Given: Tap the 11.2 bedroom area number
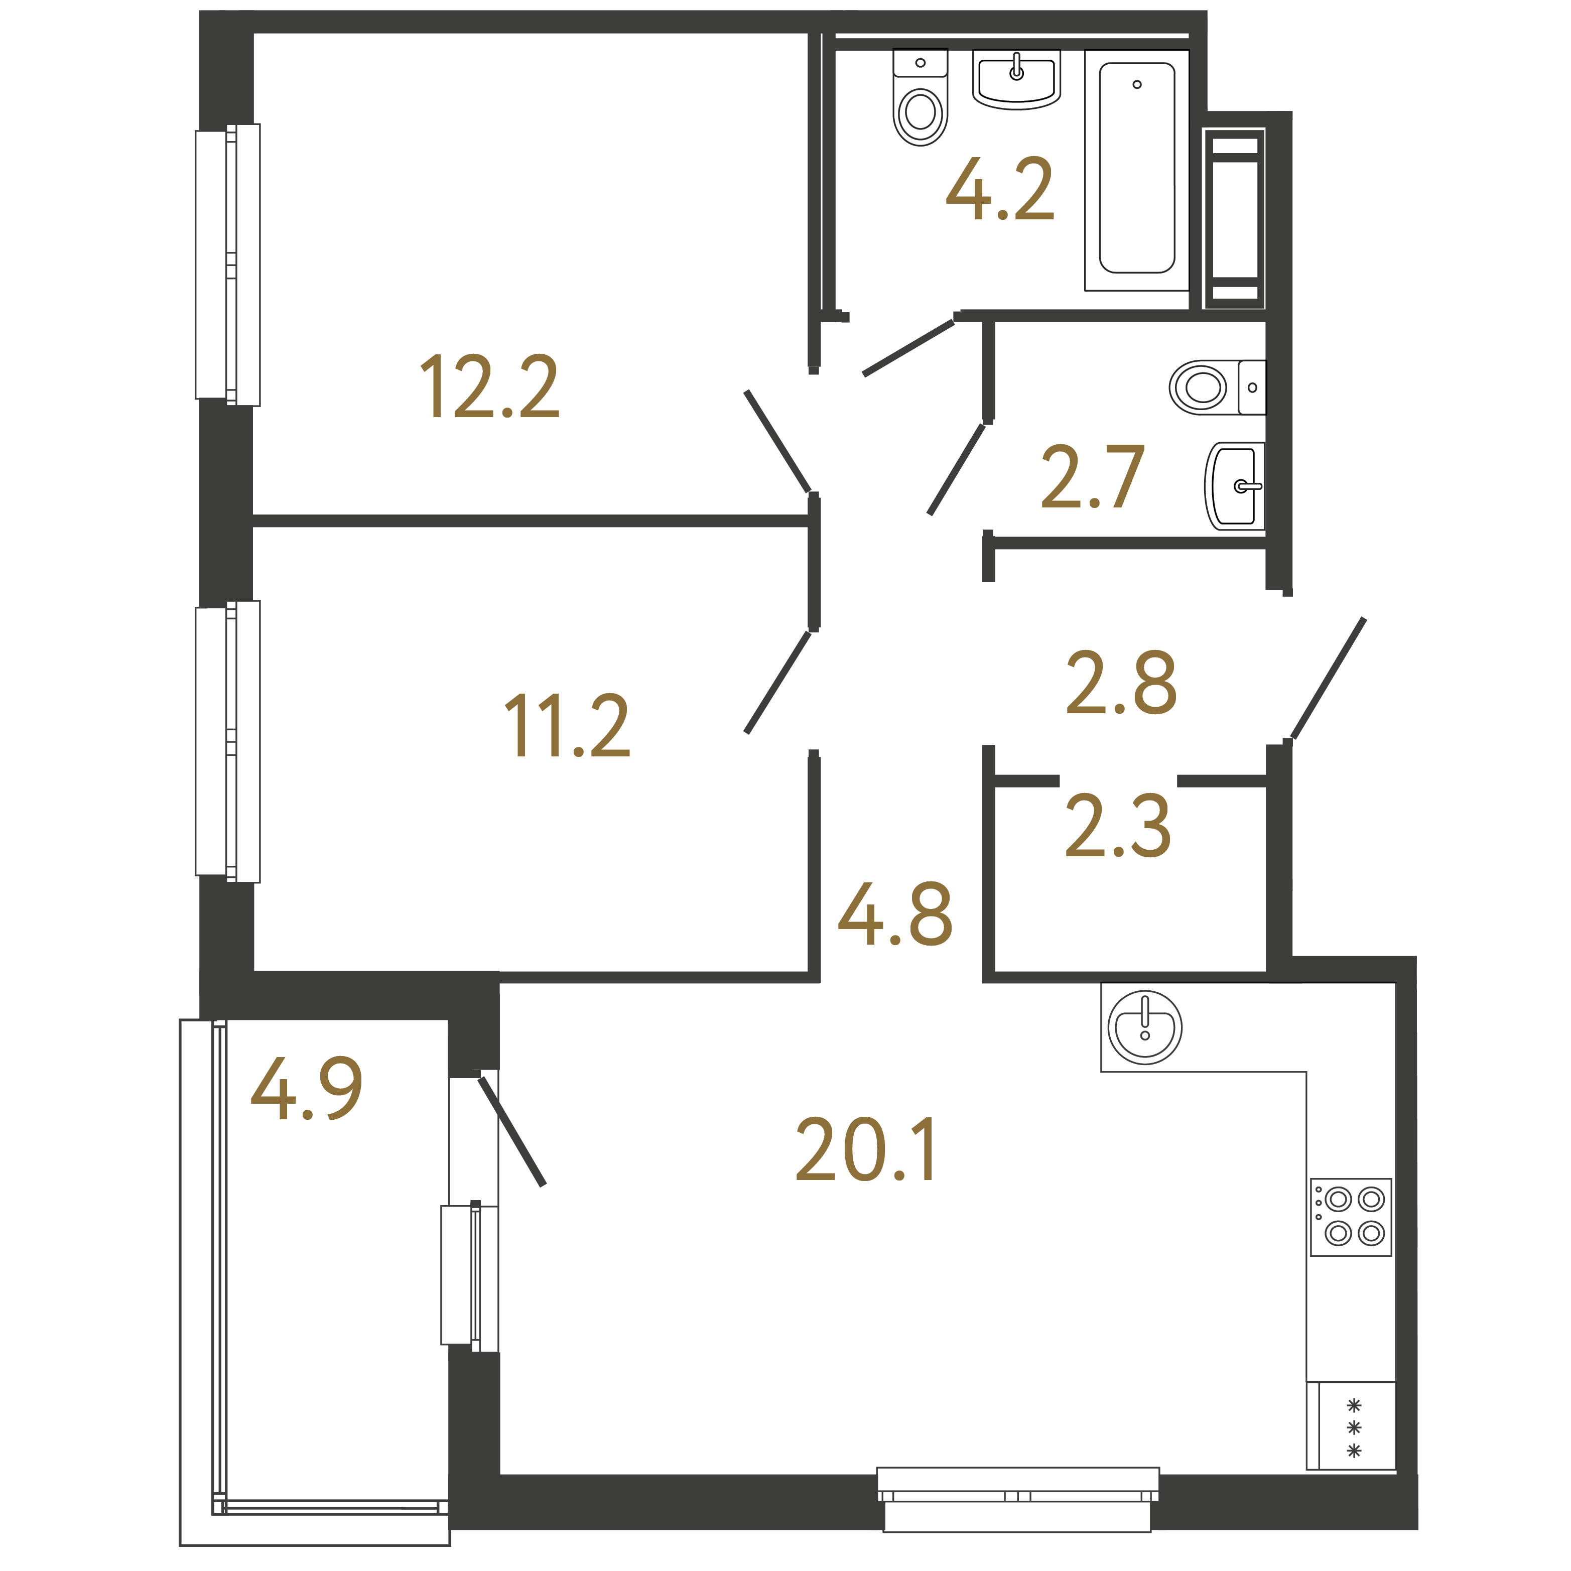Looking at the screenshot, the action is click(567, 726).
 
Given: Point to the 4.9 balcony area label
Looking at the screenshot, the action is click(307, 1088).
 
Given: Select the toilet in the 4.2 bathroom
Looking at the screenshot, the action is click(921, 97).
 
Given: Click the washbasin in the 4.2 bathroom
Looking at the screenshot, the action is click(1016, 79).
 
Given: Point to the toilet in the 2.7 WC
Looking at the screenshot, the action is click(1217, 387).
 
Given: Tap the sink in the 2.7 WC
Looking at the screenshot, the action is click(1234, 486).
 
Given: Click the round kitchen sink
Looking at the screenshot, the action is click(1145, 1028).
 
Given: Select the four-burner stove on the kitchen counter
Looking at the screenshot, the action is click(1351, 1217).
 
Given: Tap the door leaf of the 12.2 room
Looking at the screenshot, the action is click(777, 442).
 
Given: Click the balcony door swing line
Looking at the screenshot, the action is click(511, 1131).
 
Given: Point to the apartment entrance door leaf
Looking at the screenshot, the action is click(1329, 678).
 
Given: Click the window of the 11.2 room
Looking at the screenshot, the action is click(228, 742).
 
